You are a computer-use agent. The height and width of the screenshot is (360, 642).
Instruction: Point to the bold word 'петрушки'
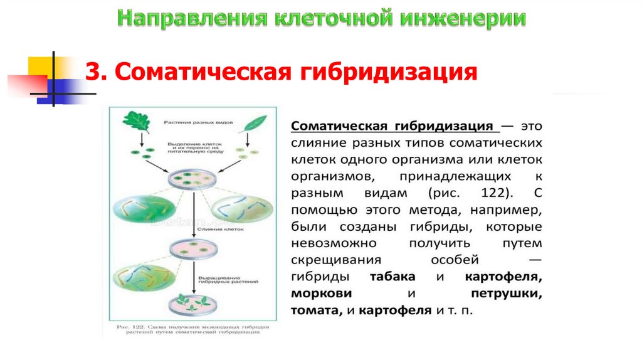507,294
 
